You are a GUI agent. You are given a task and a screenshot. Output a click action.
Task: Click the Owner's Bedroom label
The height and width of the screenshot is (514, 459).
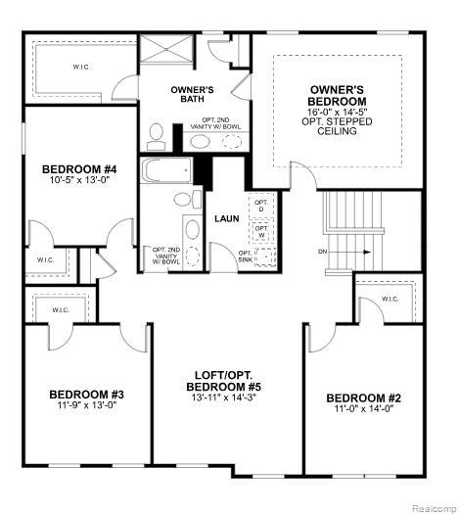pyautogui.click(x=337, y=95)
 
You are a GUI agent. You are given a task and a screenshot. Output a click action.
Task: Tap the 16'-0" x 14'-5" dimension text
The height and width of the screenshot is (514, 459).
pyautogui.click(x=337, y=112)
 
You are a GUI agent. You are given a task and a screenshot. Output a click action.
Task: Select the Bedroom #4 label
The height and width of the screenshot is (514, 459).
pyautogui.click(x=79, y=169)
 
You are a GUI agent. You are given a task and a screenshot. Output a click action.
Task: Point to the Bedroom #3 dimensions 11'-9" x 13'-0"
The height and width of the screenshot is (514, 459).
pyautogui.click(x=87, y=405)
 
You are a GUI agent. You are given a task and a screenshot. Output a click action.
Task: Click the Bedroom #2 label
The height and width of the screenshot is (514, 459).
pyautogui.click(x=364, y=398)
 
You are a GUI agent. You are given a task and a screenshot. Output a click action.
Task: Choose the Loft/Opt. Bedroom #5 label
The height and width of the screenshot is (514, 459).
pyautogui.click(x=224, y=381)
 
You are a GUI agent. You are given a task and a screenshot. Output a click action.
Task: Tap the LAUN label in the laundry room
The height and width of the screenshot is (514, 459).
pyautogui.click(x=227, y=218)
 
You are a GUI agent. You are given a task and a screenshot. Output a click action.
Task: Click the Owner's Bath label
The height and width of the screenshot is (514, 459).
pyautogui.click(x=193, y=94)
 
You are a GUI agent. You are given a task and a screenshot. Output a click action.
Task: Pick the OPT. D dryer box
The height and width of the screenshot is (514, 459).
pyautogui.click(x=261, y=206)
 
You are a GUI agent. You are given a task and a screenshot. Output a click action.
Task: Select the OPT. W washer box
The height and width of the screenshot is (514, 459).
pyautogui.click(x=261, y=232)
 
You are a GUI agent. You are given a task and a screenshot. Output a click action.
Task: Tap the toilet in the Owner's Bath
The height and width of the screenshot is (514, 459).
pyautogui.click(x=157, y=137)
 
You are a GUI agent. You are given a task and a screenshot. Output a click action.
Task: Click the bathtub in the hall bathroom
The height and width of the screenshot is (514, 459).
pyautogui.click(x=166, y=170)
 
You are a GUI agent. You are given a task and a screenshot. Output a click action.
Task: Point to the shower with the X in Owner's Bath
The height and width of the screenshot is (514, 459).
pyautogui.click(x=166, y=48)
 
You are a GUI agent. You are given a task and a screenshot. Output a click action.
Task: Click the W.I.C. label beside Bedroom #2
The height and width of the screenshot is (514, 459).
pyautogui.click(x=390, y=299)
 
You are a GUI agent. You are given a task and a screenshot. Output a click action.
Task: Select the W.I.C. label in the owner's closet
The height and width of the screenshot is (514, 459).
pyautogui.click(x=81, y=68)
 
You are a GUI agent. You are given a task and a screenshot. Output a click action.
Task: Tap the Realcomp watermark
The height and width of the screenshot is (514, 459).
pyautogui.click(x=434, y=508)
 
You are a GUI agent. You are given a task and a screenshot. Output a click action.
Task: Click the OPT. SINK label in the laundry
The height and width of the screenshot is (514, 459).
pyautogui.click(x=246, y=257)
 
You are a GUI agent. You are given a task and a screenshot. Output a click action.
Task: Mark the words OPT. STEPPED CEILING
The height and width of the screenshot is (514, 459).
pyautogui.click(x=337, y=126)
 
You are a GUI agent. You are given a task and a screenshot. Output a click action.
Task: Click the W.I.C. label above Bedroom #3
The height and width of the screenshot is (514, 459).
pyautogui.click(x=62, y=309)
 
